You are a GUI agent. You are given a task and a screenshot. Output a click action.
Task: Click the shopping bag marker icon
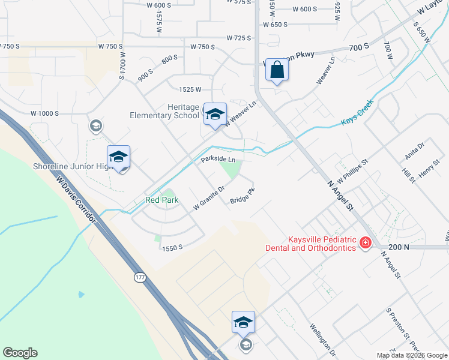pyautogui.click(x=277, y=70)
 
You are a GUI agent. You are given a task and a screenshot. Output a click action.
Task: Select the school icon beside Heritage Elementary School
pyautogui.click(x=214, y=113)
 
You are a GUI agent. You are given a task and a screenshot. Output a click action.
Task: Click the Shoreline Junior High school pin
pyautogui.click(x=118, y=157)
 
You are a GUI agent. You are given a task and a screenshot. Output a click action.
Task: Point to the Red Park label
pyautogui.click(x=162, y=200)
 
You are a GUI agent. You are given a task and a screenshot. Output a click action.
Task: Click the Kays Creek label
pyautogui.click(x=358, y=113)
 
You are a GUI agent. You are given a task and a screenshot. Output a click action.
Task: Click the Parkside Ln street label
pyautogui.click(x=218, y=160)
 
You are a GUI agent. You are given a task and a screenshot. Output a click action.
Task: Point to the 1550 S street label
pyautogui.click(x=171, y=247)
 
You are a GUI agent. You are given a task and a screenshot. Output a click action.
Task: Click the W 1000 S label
pyautogui.click(x=44, y=113)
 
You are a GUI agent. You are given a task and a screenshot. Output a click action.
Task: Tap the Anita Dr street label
pyautogui.click(x=414, y=150)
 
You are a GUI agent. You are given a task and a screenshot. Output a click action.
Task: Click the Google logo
pyautogui.click(x=20, y=353)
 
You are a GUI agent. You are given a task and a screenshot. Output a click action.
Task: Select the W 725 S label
pyautogui.click(x=238, y=38)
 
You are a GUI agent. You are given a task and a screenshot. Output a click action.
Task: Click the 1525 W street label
pyautogui.click(x=190, y=89)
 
